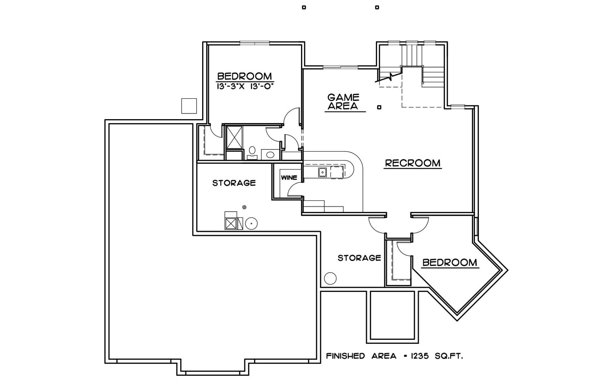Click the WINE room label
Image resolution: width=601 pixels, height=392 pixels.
click(x=289, y=178)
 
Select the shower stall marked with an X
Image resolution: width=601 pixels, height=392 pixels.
click(x=234, y=137)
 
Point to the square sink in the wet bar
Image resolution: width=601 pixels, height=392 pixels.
click(x=322, y=172)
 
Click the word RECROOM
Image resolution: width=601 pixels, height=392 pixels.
click(x=413, y=163)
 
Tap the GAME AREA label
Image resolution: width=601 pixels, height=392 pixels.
click(x=343, y=102)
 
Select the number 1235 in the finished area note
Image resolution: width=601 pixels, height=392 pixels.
click(x=420, y=356)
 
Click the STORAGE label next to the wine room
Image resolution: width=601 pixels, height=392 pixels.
click(x=234, y=183)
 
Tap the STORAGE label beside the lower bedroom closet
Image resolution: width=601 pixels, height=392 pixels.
click(x=359, y=258)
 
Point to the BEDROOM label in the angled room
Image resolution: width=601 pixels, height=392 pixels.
click(x=450, y=262)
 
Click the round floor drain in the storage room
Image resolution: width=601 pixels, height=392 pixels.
click(x=244, y=207)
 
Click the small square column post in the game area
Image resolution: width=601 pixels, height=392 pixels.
click(x=379, y=107)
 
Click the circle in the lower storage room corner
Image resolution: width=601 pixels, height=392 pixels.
click(x=330, y=278)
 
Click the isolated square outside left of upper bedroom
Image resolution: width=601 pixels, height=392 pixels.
click(x=189, y=106)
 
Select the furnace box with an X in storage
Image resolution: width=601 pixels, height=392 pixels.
click(x=231, y=224)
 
